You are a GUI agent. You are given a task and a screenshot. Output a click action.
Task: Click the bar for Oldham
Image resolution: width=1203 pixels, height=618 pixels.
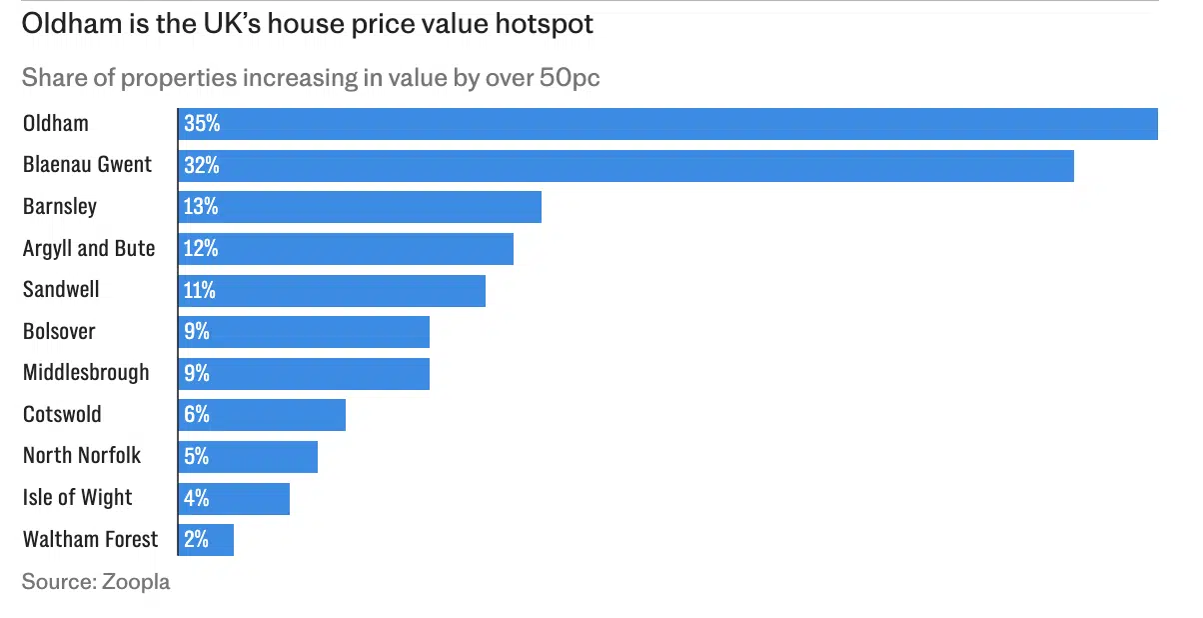click(x=667, y=124)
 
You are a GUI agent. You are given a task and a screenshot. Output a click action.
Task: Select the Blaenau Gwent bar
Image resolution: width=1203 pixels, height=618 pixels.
click(x=625, y=166)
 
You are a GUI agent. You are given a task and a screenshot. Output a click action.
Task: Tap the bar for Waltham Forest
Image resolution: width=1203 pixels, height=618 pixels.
click(x=206, y=540)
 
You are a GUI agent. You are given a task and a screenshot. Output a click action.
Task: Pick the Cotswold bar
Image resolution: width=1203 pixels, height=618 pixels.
click(x=262, y=415)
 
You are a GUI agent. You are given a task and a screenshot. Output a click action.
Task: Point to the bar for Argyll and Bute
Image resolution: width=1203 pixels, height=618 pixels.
click(x=346, y=249)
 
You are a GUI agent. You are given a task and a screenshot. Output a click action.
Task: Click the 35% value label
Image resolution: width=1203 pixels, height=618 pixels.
click(x=201, y=124)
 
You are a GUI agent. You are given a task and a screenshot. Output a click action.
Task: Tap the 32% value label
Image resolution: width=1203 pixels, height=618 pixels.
click(x=201, y=166)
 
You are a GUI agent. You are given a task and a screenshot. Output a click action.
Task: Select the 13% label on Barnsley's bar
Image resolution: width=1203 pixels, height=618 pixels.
click(x=201, y=207)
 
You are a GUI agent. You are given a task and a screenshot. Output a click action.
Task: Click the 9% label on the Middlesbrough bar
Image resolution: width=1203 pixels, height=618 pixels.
click(x=197, y=373)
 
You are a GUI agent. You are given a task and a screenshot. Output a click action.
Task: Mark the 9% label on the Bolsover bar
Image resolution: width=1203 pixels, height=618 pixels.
click(x=197, y=332)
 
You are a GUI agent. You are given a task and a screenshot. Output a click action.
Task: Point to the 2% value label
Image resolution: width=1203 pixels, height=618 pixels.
click(x=197, y=540)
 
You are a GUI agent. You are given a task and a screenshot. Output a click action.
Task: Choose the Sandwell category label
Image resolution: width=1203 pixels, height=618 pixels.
click(x=61, y=290)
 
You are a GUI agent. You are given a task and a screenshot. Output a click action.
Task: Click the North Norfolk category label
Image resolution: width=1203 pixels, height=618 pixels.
click(x=82, y=456)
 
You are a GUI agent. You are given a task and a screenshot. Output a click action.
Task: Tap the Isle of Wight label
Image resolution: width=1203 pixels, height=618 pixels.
click(x=78, y=498)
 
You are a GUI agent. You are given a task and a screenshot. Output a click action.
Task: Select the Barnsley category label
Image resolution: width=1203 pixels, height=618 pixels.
click(x=60, y=207)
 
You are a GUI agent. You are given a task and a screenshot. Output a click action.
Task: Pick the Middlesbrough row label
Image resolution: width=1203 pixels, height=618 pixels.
click(x=86, y=373)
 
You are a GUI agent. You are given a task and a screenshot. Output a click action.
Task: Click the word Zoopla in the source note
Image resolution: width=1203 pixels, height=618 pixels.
click(x=136, y=582)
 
